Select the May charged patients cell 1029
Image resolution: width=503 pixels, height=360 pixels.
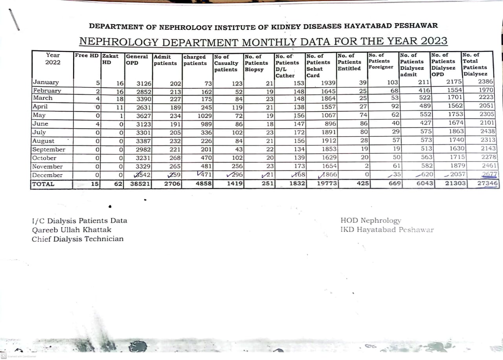204,115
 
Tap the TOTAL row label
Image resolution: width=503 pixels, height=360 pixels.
43,184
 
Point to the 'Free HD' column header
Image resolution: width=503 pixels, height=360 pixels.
87,56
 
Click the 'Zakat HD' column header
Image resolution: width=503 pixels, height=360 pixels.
110,59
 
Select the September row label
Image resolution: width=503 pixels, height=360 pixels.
49,150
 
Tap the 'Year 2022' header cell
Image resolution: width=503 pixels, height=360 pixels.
53,59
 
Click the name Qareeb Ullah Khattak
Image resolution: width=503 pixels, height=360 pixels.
72,230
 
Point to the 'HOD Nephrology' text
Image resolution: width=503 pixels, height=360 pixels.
371,221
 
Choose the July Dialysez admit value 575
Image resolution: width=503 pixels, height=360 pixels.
424,132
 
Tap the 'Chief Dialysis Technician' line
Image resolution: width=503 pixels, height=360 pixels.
77,239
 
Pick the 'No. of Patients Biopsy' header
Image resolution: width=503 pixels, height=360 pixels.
256,63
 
